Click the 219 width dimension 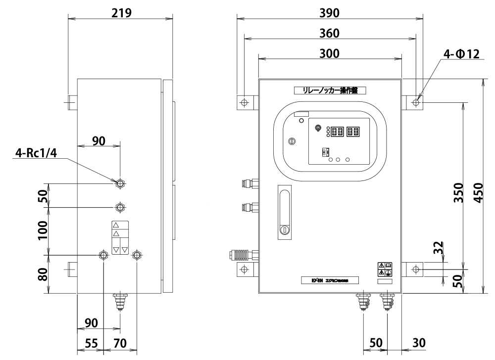point(121,13)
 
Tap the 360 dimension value point(329,33)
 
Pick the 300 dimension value point(329,54)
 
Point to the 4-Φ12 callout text point(461,54)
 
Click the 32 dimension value point(438,248)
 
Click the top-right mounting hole point(416,102)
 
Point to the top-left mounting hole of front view point(244,102)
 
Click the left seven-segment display point(337,132)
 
